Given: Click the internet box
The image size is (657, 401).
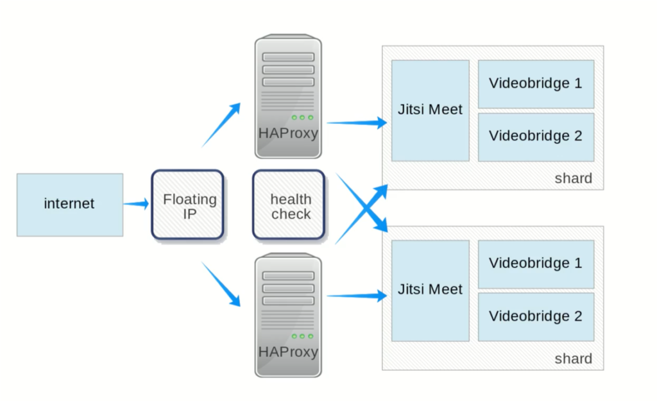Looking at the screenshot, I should pyautogui.click(x=69, y=204).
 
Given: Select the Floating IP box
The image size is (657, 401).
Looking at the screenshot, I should pyautogui.click(x=187, y=205).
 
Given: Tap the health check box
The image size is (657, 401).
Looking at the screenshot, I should pyautogui.click(x=289, y=205).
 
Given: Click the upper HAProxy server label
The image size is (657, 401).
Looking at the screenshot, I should pyautogui.click(x=288, y=133).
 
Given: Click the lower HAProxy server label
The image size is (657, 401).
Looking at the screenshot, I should pyautogui.click(x=288, y=352).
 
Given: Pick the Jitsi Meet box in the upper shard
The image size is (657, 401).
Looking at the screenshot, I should pyautogui.click(x=430, y=110).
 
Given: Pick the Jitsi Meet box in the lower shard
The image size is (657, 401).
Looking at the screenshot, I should pyautogui.click(x=430, y=290).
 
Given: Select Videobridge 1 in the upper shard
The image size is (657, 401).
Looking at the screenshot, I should pyautogui.click(x=536, y=83).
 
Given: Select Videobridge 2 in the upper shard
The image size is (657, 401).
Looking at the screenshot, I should pyautogui.click(x=536, y=136).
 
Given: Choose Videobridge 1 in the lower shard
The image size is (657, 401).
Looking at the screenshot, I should pyautogui.click(x=536, y=263).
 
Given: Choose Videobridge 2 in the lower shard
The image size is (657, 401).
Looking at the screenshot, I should pyautogui.click(x=536, y=316).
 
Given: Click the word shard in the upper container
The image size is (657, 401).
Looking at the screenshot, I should pyautogui.click(x=573, y=178).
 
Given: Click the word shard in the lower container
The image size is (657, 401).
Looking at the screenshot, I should pyautogui.click(x=573, y=359).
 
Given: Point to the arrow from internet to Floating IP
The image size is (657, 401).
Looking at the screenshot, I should pyautogui.click(x=135, y=204).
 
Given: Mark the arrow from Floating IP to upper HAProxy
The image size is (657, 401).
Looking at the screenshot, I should pyautogui.click(x=221, y=125).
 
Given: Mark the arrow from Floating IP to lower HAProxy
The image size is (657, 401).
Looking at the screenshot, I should pyautogui.click(x=221, y=283).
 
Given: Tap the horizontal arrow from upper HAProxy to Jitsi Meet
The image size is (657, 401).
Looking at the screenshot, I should pyautogui.click(x=356, y=123).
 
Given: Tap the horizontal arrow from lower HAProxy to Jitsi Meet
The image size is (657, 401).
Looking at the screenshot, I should pyautogui.click(x=356, y=296).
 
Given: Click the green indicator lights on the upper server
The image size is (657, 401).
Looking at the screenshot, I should pyautogui.click(x=302, y=117).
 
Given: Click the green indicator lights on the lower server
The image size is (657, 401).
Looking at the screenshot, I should pyautogui.click(x=302, y=336).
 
